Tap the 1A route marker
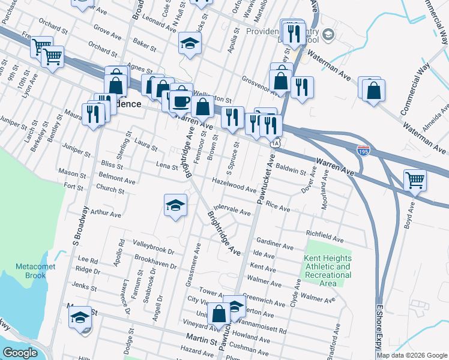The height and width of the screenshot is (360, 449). (276, 143)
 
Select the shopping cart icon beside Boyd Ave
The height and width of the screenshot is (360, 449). (415, 179)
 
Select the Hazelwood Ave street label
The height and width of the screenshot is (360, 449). (234, 184)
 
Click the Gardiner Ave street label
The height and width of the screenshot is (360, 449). (275, 244)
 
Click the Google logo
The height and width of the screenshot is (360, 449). (20, 353)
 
